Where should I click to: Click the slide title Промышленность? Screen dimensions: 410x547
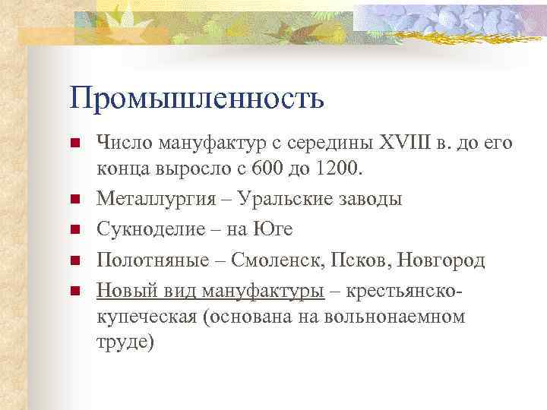click(x=197, y=98)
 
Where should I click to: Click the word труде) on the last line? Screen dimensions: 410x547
click(x=125, y=342)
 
